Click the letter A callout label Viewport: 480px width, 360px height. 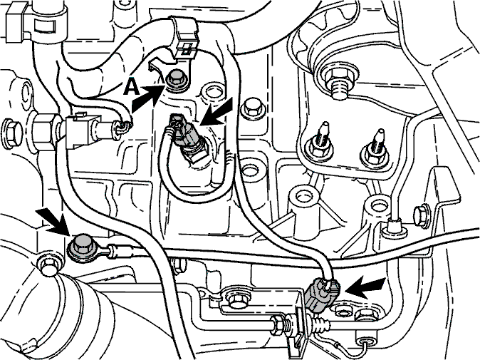(132, 88)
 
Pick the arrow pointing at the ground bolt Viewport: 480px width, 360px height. (51, 220)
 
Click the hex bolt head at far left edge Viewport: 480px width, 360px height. (12, 133)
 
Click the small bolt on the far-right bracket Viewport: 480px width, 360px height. (422, 217)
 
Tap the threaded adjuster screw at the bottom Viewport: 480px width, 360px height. (320, 325)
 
